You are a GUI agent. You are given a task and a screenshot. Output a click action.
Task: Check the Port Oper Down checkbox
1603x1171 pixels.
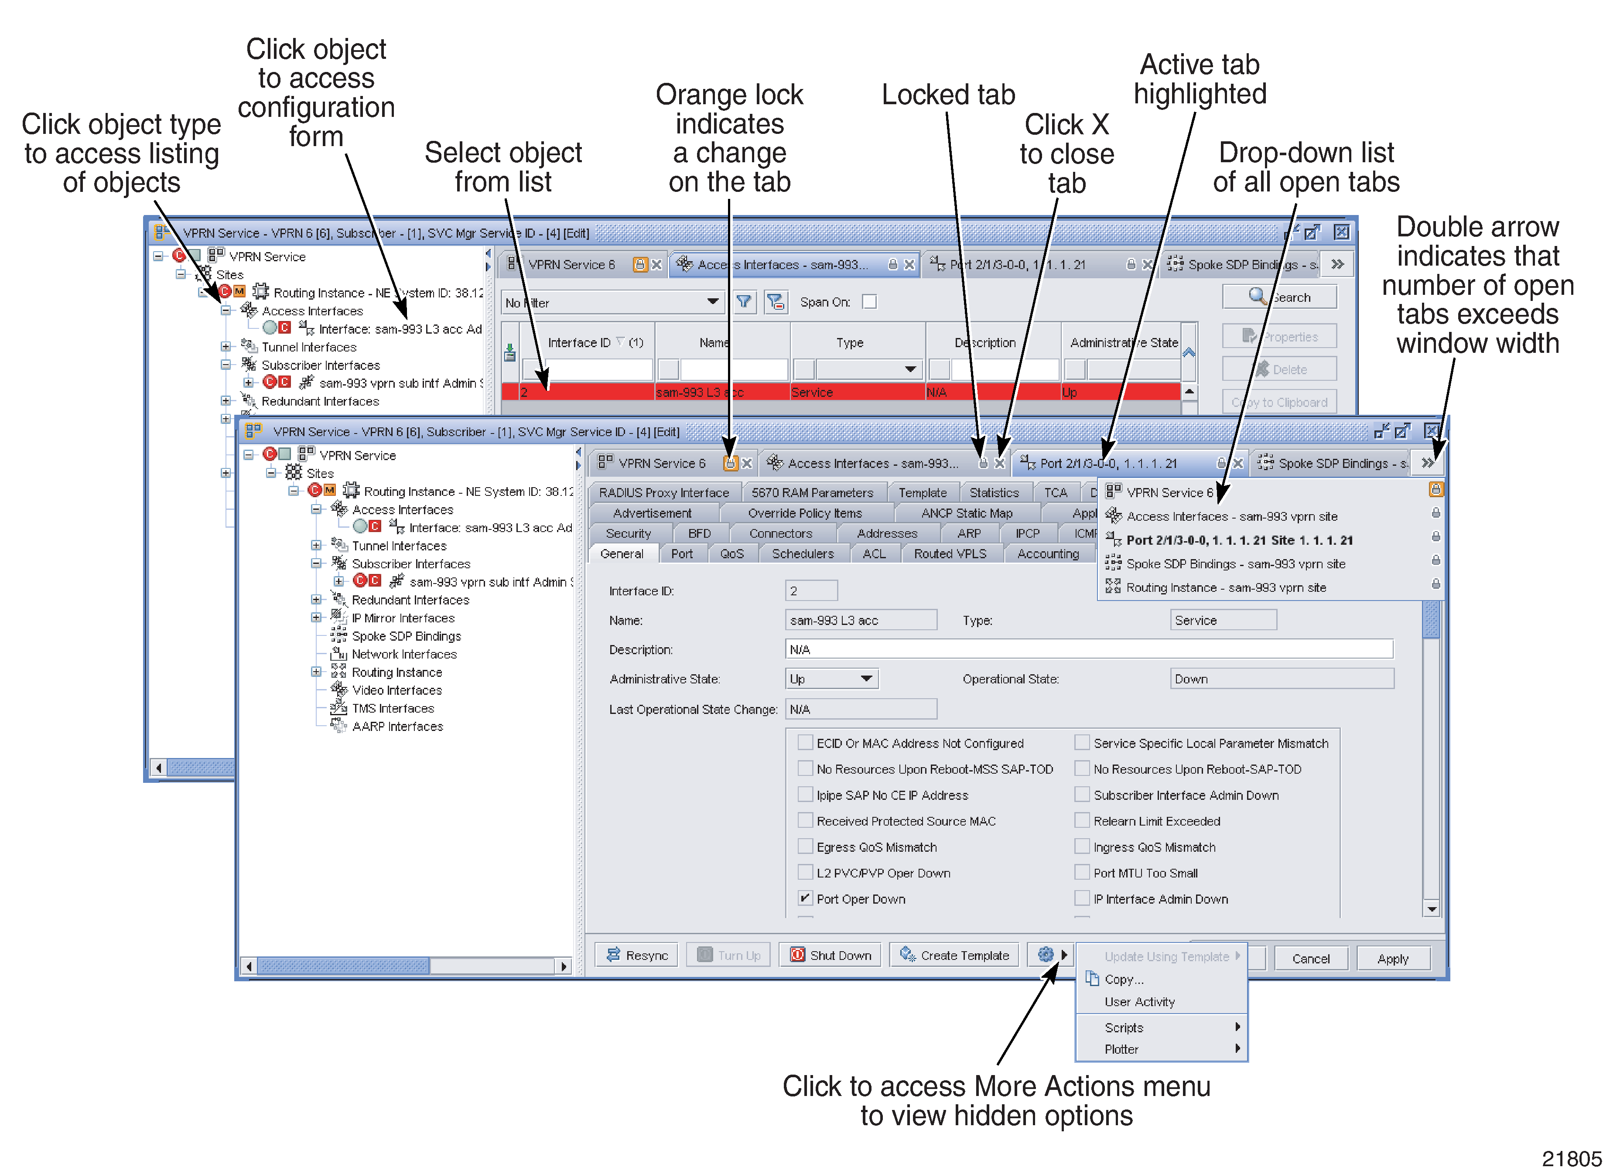(x=805, y=898)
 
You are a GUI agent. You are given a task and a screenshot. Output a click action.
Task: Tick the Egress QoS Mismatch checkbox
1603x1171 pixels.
(x=805, y=847)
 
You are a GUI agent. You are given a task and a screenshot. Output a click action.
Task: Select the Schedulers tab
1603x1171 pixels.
(x=803, y=553)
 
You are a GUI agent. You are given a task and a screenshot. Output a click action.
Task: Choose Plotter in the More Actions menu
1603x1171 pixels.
(x=1121, y=1049)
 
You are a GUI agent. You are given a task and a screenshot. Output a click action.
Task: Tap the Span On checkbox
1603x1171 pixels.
(x=869, y=302)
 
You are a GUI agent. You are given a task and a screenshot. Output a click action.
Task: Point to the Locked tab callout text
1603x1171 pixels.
(x=948, y=94)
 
